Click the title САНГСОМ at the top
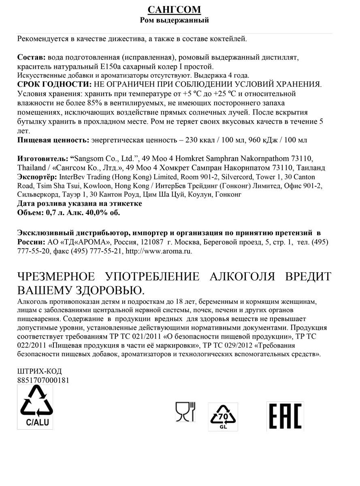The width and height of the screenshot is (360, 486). coord(174,10)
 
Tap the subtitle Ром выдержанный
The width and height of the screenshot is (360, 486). coord(174,20)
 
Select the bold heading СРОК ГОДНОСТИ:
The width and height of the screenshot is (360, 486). coord(55,85)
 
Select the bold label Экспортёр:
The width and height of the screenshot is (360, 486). coord(38,177)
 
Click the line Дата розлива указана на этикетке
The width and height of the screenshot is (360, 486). coord(80,203)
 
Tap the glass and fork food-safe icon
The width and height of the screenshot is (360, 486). coord(185,412)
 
